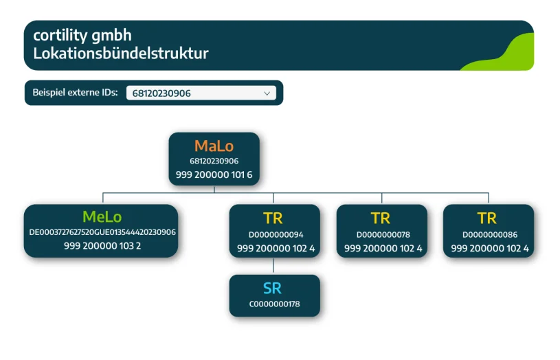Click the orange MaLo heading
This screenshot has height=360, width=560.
point(214,146)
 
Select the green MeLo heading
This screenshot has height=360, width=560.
point(102,217)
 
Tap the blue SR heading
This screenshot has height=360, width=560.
point(272,289)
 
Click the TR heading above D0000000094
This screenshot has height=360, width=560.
point(273,218)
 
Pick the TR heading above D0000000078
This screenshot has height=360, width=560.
point(381,218)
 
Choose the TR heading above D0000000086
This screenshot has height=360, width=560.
point(487,218)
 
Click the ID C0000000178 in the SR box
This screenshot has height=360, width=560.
point(274,304)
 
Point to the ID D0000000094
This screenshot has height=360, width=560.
point(276,235)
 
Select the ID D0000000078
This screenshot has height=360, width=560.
point(383,235)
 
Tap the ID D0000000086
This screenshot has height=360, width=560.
point(490,235)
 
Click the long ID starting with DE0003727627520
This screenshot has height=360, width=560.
point(102,232)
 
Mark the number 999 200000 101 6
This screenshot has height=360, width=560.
point(214,175)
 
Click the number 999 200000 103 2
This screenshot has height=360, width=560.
point(102,246)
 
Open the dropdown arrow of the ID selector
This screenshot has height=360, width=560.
point(267,93)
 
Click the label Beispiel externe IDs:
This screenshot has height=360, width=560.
point(75,93)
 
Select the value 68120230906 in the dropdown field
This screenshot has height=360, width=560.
point(161,93)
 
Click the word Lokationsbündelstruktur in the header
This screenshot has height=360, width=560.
point(121,53)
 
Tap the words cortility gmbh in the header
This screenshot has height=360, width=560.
point(82,35)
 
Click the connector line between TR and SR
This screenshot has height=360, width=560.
point(273,266)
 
